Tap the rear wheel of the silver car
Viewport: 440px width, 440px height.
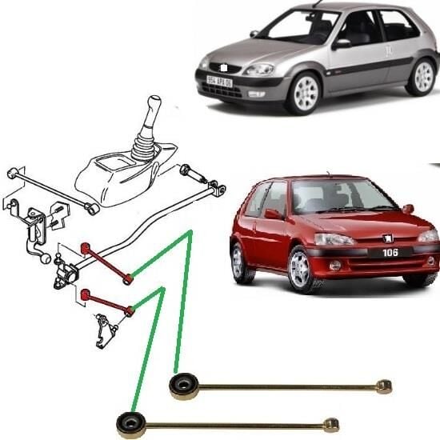[419, 77]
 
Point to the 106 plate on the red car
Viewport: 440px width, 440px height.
[390, 252]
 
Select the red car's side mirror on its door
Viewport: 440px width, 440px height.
[274, 214]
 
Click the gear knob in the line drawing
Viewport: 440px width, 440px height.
[154, 106]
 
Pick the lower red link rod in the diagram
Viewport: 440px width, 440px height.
[106, 304]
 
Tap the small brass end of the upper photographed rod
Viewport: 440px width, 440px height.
[385, 387]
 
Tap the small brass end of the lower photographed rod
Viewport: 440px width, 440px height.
[331, 424]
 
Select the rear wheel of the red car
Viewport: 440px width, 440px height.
[237, 262]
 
